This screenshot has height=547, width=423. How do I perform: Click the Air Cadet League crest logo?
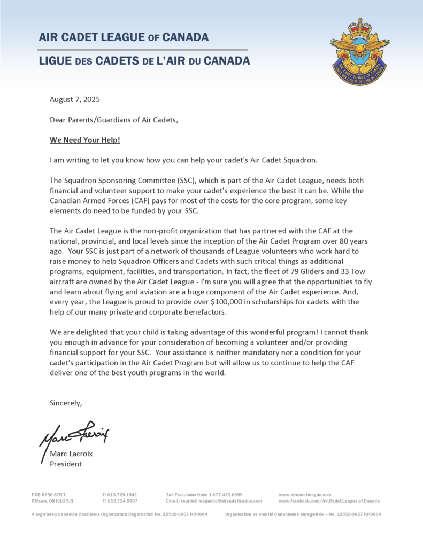pyautogui.click(x=359, y=52)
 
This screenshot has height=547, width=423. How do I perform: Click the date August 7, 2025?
pyautogui.click(x=75, y=99)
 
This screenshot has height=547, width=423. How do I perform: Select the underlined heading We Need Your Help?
pyautogui.click(x=85, y=140)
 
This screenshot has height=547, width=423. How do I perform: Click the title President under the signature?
pyautogui.click(x=66, y=464)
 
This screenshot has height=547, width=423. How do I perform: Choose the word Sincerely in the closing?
pyautogui.click(x=66, y=402)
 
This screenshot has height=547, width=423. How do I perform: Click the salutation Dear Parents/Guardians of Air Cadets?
pyautogui.click(x=114, y=120)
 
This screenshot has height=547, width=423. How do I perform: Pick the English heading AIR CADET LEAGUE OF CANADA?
pyautogui.click(x=124, y=37)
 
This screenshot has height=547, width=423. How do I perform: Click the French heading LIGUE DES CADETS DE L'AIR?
pyautogui.click(x=144, y=61)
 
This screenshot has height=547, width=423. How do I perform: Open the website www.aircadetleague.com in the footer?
pyautogui.click(x=305, y=495)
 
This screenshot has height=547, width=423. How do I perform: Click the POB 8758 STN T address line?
pyautogui.click(x=49, y=495)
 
